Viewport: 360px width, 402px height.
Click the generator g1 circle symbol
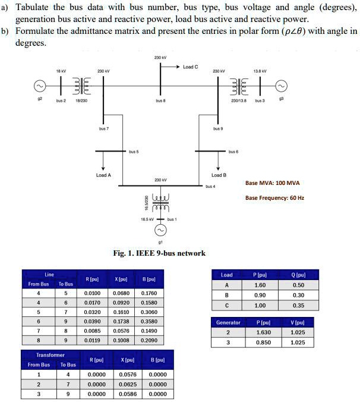160,230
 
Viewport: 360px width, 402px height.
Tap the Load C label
190,67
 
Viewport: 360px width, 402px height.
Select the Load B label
219,175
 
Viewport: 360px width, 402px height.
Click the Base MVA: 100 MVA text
273,183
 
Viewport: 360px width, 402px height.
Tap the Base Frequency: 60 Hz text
275,197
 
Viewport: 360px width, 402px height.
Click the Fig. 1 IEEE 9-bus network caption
159,253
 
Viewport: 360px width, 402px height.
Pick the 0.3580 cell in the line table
150,321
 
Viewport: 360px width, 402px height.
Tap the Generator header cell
228,323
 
